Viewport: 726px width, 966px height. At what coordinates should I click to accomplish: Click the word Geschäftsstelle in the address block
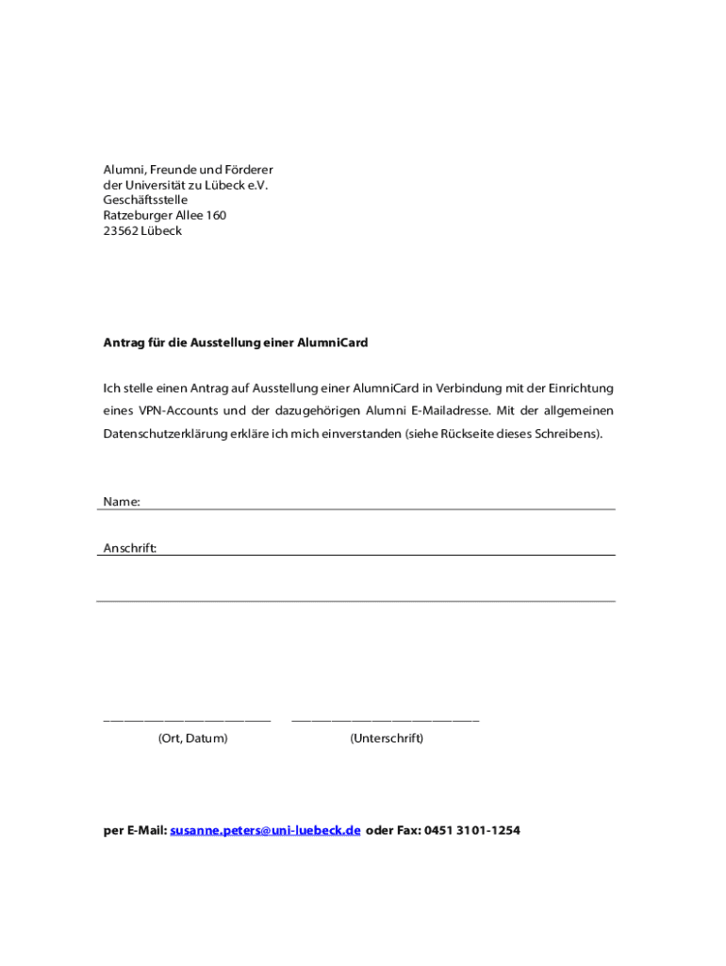[145, 200]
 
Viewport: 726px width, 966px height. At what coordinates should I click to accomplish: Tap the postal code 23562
[121, 231]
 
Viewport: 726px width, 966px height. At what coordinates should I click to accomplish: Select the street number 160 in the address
[215, 216]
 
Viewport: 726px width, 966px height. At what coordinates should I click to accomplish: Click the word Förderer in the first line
[248, 170]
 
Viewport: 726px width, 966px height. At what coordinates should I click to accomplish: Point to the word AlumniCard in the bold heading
[333, 343]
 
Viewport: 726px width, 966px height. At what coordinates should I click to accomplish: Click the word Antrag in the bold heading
[124, 343]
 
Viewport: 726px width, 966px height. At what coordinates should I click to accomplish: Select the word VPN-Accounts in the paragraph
[178, 411]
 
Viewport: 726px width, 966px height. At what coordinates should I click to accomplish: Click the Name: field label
[122, 502]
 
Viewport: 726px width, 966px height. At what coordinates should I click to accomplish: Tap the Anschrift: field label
[130, 548]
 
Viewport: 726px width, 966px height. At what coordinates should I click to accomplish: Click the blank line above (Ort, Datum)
[187, 721]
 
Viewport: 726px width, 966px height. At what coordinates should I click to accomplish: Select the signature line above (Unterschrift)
[385, 721]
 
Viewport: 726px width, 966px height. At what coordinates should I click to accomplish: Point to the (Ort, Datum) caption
[192, 739]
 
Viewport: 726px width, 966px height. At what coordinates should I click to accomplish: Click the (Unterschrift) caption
[387, 739]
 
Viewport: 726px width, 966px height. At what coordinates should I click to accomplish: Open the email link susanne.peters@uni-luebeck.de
[265, 831]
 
